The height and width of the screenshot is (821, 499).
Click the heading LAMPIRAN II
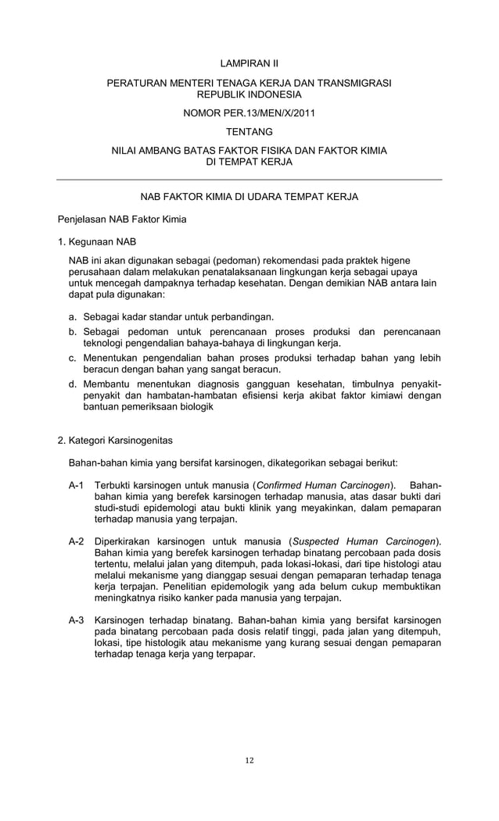[249, 62]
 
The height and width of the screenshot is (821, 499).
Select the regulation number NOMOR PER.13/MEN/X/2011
[249, 113]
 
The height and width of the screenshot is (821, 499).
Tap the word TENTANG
[249, 131]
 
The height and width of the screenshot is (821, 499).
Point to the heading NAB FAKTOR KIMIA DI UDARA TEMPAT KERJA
[249, 197]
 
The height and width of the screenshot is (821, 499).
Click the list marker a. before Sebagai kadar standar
[73, 317]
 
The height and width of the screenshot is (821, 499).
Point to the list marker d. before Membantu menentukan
[73, 384]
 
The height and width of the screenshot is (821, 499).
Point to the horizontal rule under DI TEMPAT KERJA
[249, 180]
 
